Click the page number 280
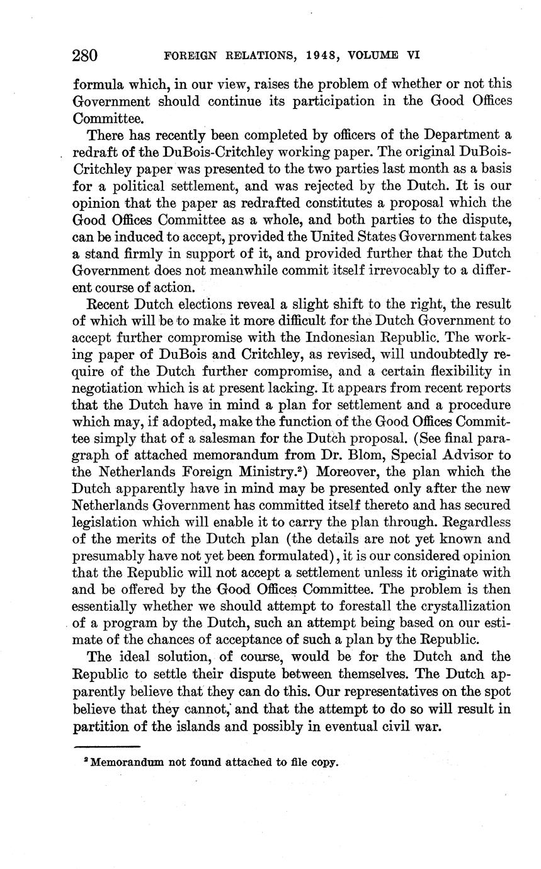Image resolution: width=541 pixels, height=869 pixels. (85, 55)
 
